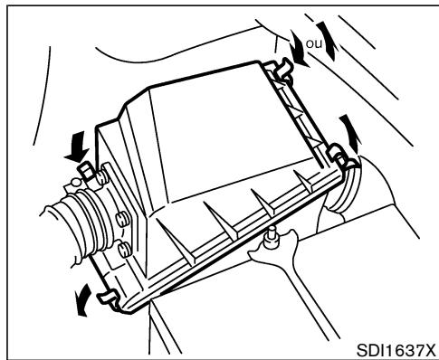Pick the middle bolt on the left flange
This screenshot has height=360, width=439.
point(119,218)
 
